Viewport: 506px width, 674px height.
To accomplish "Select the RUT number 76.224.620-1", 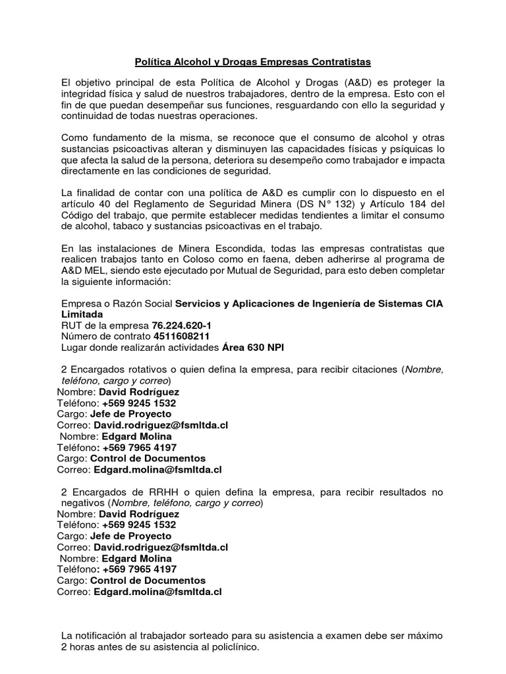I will (181, 326).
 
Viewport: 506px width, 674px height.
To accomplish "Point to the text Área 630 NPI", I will (247, 348).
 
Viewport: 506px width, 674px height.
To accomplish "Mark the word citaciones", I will (371, 370).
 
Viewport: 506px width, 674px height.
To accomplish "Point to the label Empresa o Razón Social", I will (117, 303).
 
